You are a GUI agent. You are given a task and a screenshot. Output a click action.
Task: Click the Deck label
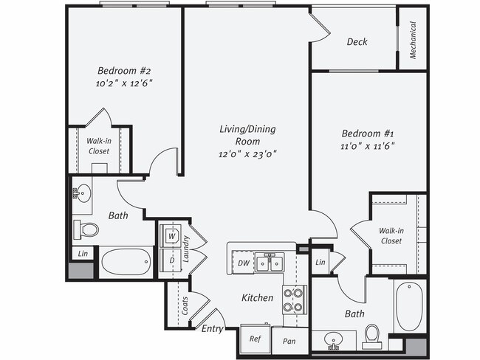click(x=357, y=42)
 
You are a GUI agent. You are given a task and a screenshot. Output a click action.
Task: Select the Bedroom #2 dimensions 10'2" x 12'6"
click(x=125, y=84)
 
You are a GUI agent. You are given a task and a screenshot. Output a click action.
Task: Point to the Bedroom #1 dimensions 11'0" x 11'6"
click(x=368, y=147)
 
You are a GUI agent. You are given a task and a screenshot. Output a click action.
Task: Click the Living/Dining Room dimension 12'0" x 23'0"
click(x=247, y=154)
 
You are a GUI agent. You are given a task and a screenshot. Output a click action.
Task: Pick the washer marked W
click(x=171, y=236)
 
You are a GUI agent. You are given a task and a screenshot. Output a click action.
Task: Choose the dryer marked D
click(x=171, y=260)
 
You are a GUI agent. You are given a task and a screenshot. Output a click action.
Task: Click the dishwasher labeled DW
click(x=243, y=262)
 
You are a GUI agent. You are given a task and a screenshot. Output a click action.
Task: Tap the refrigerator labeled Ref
click(x=255, y=339)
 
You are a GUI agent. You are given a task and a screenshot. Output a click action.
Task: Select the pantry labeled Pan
click(x=289, y=341)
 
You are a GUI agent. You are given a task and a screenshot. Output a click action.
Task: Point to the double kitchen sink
click(x=270, y=262)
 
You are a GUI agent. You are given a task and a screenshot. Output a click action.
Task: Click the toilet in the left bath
click(x=87, y=229)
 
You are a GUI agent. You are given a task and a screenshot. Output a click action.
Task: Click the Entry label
click(x=212, y=328)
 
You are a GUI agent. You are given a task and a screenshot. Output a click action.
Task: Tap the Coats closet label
click(x=185, y=306)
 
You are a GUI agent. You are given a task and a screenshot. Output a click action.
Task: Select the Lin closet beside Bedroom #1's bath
click(x=320, y=263)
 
